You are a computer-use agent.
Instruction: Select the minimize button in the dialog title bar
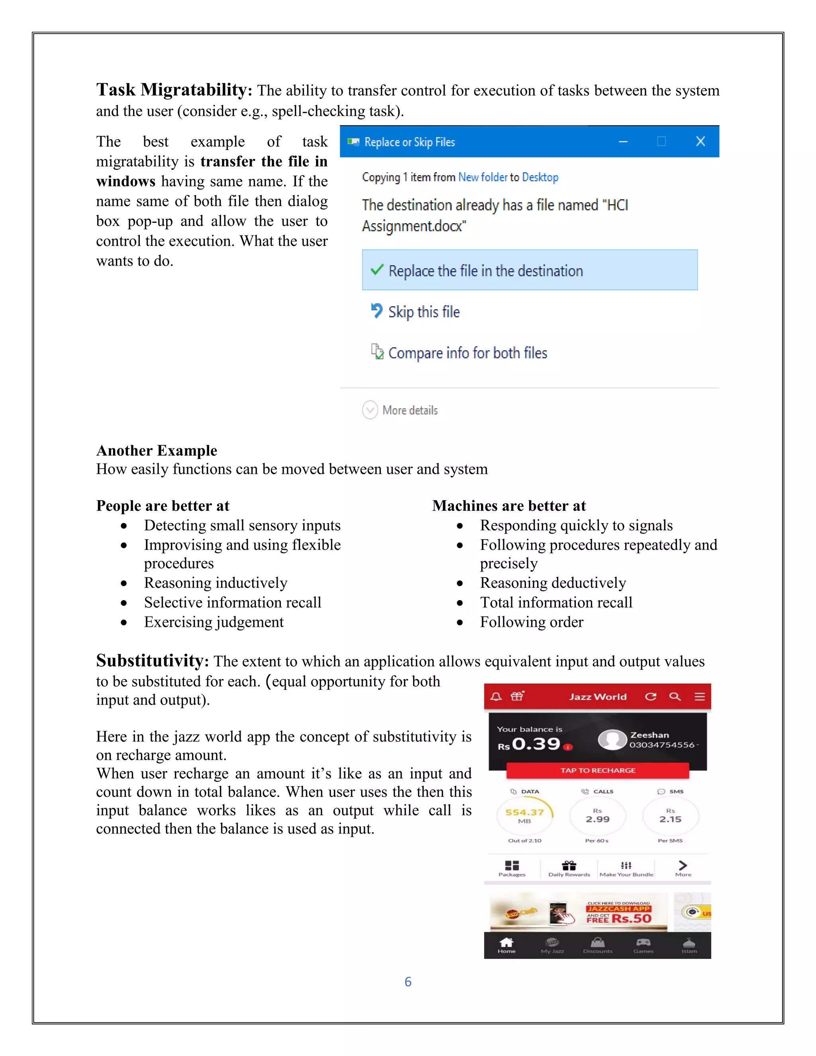623,142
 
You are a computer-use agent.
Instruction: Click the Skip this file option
424,312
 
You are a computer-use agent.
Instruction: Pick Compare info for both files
467,353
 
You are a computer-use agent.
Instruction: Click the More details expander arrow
370,410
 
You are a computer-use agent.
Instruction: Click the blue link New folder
483,177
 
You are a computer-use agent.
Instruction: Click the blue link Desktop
540,177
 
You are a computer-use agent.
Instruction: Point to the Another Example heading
157,451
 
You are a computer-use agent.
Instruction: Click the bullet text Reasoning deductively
553,583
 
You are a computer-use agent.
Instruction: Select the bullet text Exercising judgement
214,622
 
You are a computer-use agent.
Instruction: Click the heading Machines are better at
508,506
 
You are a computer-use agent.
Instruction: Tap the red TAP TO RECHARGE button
598,770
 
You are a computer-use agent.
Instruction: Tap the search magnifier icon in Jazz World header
675,696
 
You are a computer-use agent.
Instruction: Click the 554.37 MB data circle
524,816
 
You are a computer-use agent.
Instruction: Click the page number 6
408,982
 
